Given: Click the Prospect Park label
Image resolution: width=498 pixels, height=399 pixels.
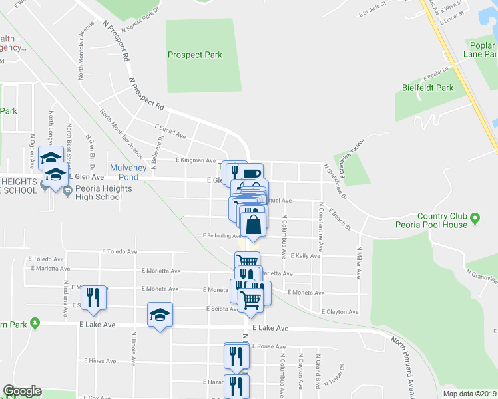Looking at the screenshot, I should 194,55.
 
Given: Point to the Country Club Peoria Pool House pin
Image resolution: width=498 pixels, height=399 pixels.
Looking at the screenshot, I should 475,218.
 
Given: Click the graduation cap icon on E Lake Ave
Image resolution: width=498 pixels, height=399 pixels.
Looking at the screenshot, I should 160,315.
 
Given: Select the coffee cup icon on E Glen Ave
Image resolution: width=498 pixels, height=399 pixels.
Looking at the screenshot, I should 252,175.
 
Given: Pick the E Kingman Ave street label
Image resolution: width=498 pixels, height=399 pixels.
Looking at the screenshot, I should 196,160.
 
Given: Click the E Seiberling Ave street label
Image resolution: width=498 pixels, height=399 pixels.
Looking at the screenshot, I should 222,236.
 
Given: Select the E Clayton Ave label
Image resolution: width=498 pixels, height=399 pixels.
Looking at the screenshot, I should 340,311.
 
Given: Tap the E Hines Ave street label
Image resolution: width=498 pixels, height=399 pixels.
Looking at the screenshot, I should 101,361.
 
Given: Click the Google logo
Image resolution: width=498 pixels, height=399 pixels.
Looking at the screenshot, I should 22,391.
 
